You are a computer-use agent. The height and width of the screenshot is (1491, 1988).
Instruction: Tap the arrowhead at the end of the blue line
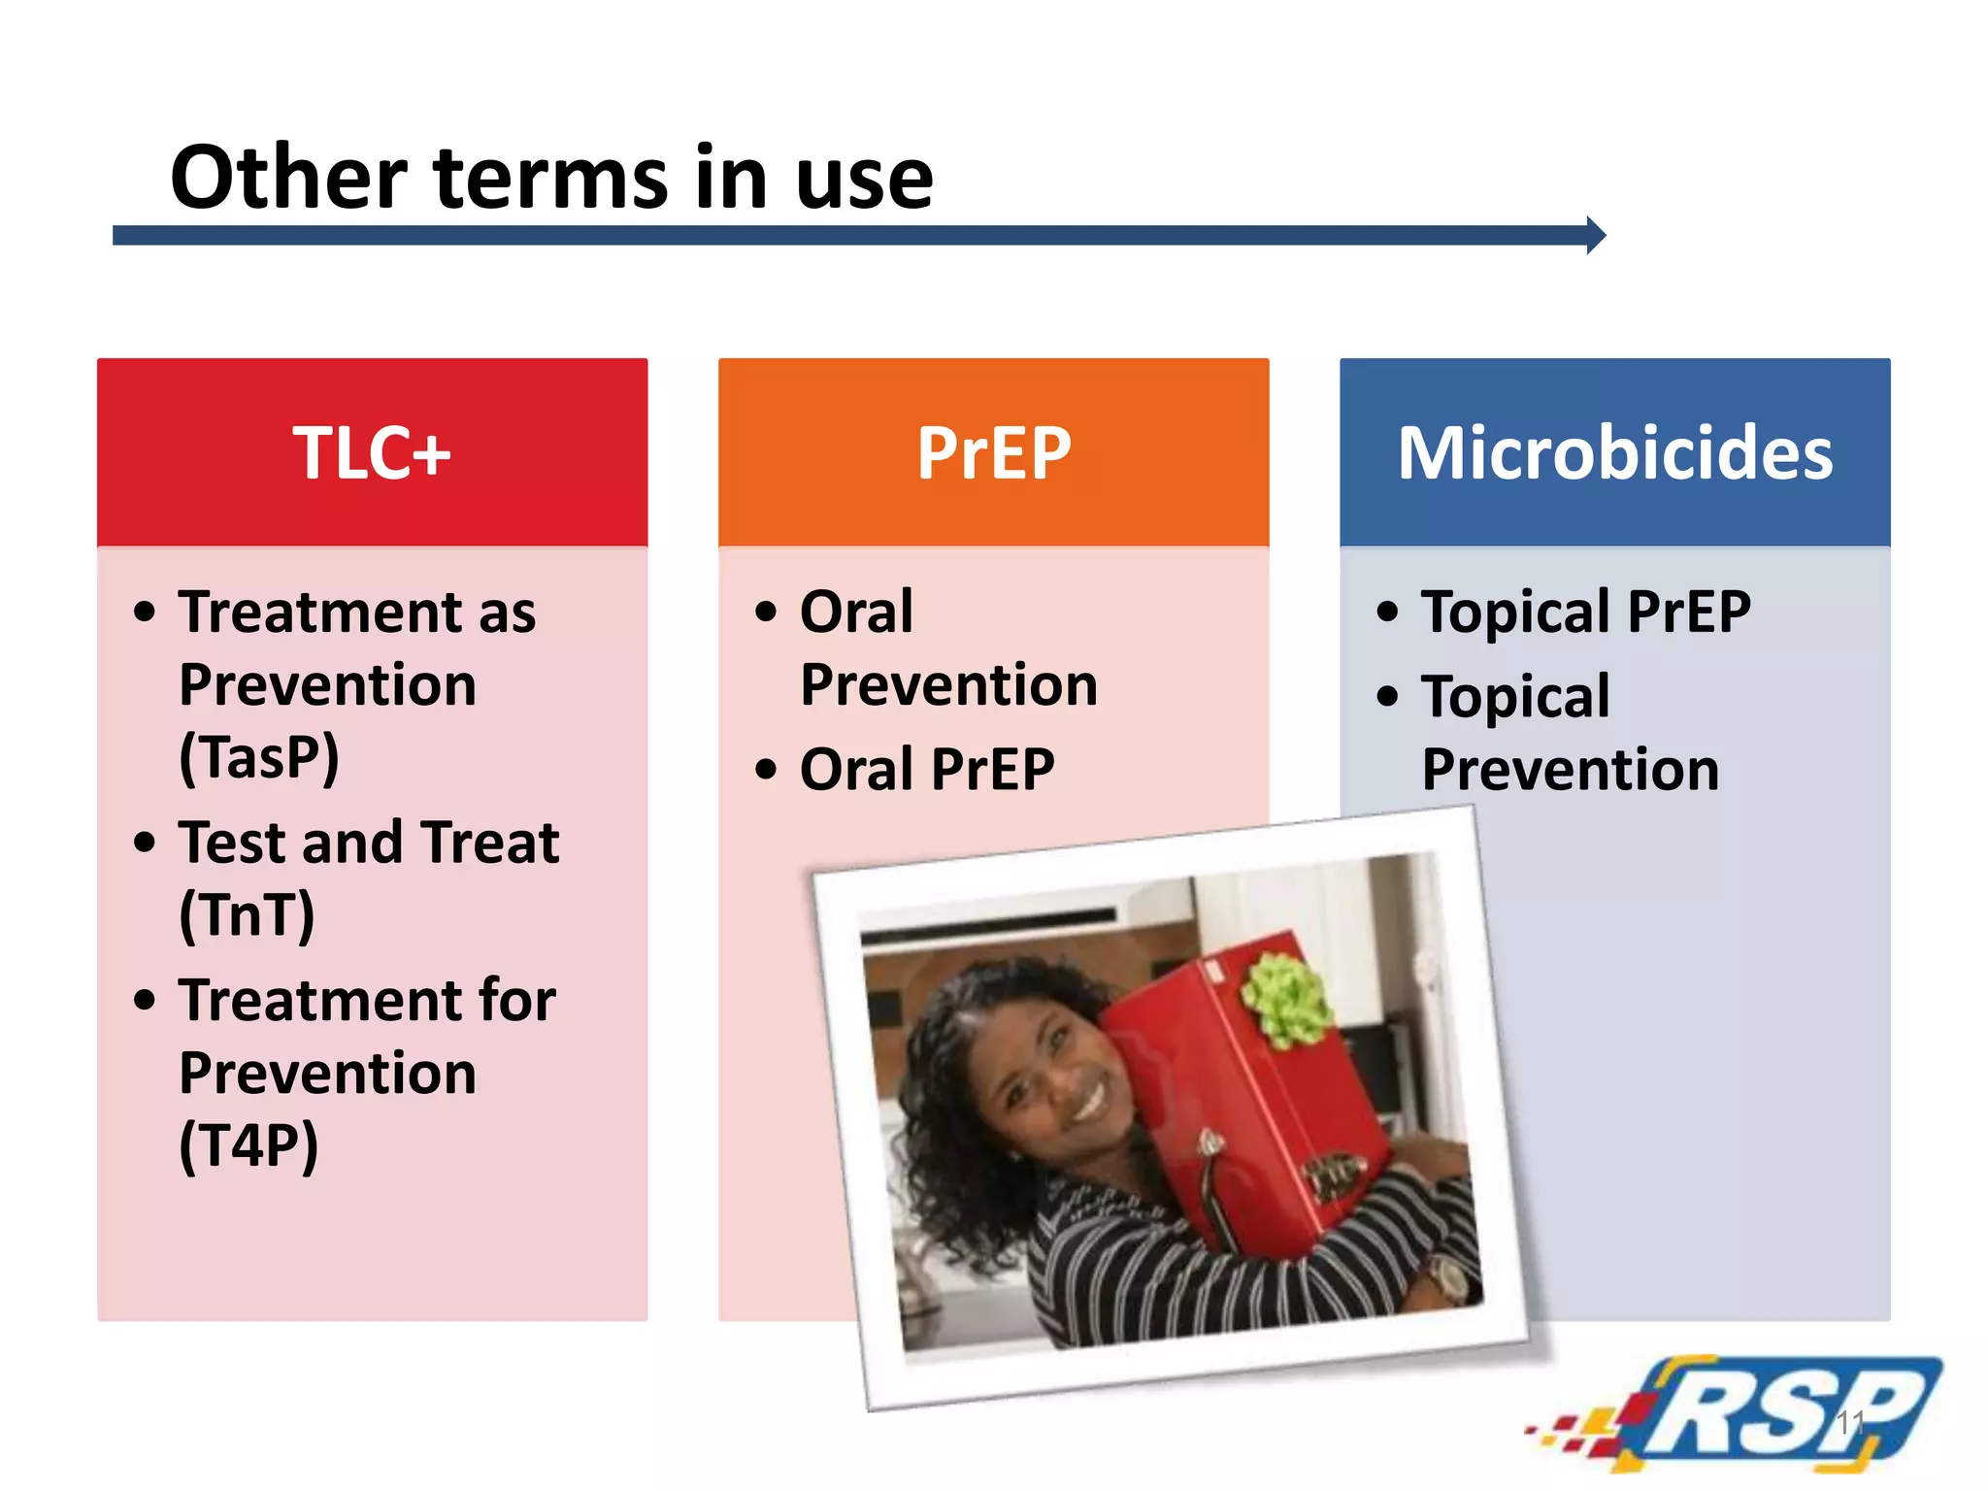1595,235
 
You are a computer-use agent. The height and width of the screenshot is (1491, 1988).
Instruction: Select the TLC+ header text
372,453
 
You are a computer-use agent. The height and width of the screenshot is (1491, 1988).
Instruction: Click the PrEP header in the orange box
994,453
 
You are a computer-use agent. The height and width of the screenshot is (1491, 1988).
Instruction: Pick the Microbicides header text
1614,453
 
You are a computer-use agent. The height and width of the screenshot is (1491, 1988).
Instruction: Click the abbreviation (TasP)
259,758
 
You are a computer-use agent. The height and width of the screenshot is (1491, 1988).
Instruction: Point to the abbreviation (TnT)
248,915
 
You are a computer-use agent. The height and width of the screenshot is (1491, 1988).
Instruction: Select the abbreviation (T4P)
248,1146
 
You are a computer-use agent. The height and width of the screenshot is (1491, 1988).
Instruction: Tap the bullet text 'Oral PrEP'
927,770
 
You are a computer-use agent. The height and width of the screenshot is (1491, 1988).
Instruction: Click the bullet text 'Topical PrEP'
1585,613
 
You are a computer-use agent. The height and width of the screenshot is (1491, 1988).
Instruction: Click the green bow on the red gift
1283,1000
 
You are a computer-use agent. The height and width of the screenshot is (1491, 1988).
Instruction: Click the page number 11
1849,1422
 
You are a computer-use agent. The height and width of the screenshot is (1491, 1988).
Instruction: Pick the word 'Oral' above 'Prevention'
856,613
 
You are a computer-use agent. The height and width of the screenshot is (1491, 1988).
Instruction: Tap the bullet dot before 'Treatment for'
145,1000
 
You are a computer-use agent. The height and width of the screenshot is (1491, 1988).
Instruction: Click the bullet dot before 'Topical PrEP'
1388,613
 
